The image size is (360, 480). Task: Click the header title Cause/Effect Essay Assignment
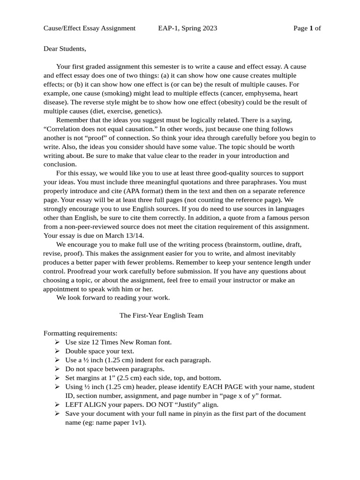pyautogui.click(x=90, y=28)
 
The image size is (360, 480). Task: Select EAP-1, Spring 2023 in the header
pyautogui.click(x=187, y=28)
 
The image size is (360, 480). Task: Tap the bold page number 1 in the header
pyautogui.click(x=311, y=28)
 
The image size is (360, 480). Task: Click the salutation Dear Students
pyautogui.click(x=65, y=48)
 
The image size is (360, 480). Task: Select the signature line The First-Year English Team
pyautogui.click(x=161, y=315)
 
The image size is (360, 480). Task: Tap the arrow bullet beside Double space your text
pyautogui.click(x=57, y=351)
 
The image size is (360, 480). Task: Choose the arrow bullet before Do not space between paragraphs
pyautogui.click(x=57, y=369)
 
